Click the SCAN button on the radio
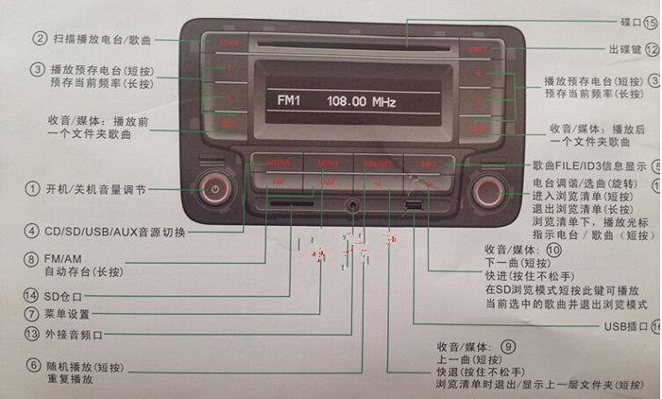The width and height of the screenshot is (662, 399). pos(228,43)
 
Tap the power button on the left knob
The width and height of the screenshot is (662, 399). pos(216,189)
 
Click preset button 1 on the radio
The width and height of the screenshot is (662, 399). pos(228,69)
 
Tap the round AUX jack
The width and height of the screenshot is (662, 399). pos(354,201)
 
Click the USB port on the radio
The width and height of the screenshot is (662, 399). pos(415,203)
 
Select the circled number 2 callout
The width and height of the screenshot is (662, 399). pos(39,40)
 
